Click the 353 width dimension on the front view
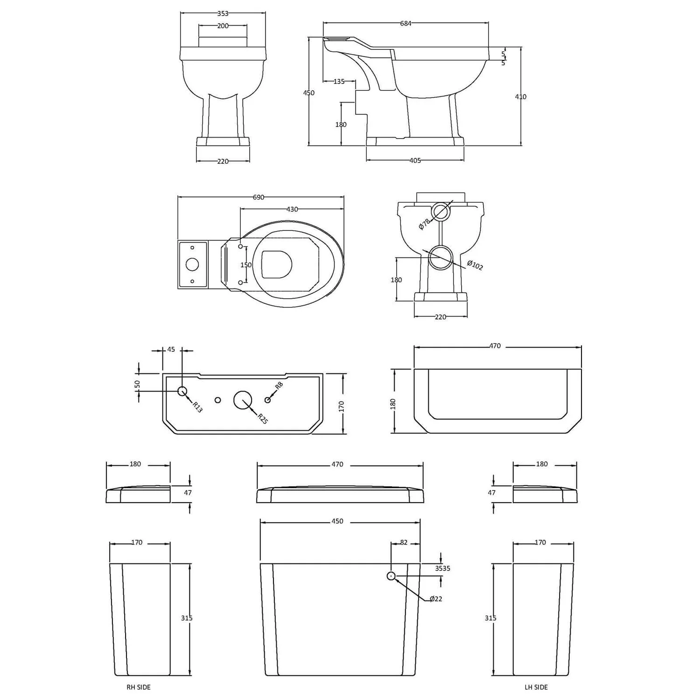pos(223,14)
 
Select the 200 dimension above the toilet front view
pos(223,26)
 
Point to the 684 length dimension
pos(406,23)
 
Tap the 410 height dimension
pos(521,97)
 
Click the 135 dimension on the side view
pos(339,82)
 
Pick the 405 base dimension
pos(415,161)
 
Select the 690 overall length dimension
pos(259,197)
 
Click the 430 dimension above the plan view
pos(292,210)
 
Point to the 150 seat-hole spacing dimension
pos(246,265)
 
